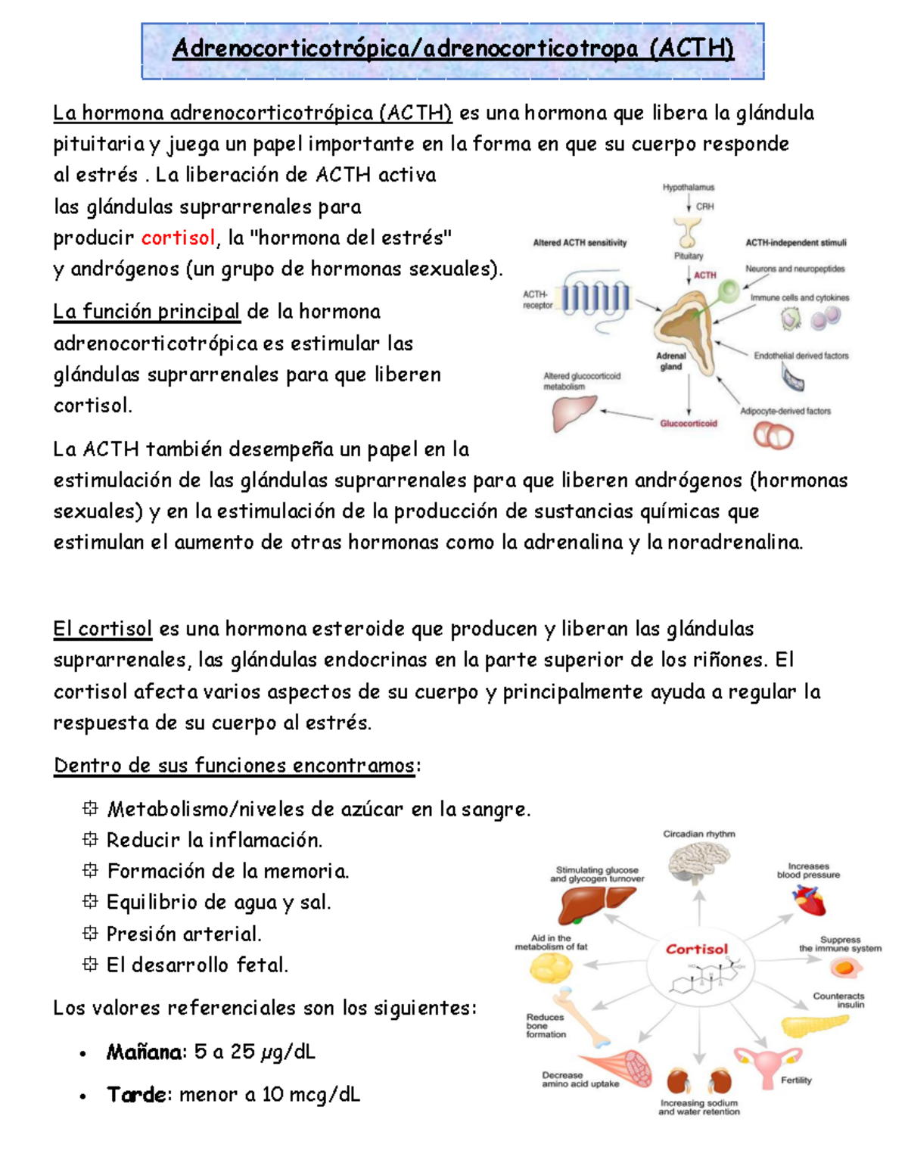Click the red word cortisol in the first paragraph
[179, 238]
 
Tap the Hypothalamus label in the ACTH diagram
[688, 187]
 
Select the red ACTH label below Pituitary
[704, 275]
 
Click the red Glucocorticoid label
[688, 424]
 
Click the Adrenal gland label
[671, 361]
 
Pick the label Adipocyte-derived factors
[785, 412]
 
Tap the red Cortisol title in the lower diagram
[696, 949]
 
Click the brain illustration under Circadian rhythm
[698, 861]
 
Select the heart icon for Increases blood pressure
[810, 900]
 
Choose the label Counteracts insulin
[838, 1000]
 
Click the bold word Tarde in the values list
[136, 1095]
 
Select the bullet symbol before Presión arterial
[90, 934]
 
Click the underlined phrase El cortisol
[102, 629]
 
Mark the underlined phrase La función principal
[146, 312]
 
